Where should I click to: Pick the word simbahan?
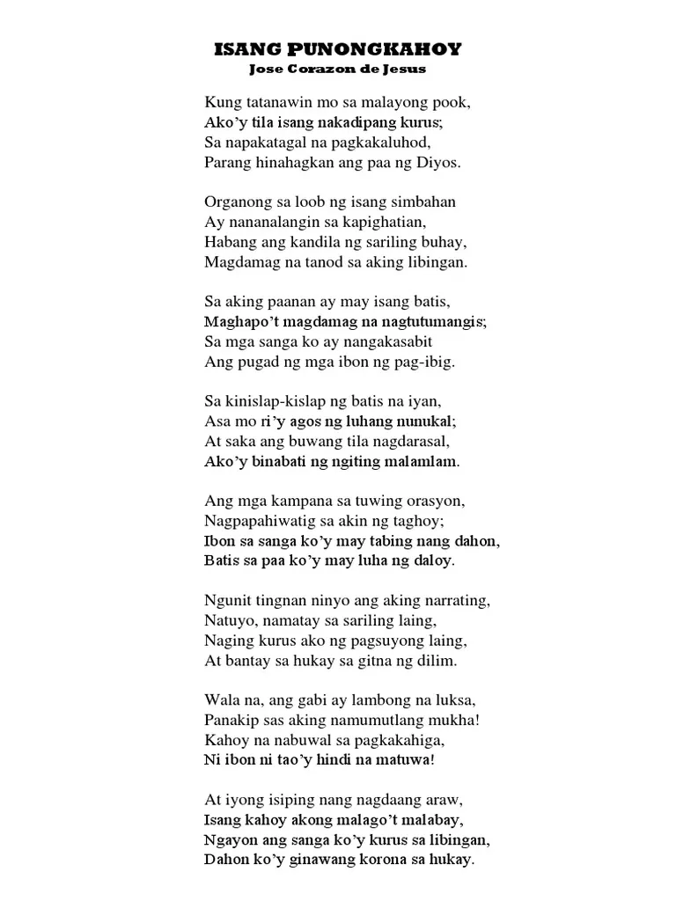pos(425,201)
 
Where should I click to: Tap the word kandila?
pos(330,242)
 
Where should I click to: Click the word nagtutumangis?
pos(425,322)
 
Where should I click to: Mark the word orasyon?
pos(430,501)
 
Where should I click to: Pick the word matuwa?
pos(404,761)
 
